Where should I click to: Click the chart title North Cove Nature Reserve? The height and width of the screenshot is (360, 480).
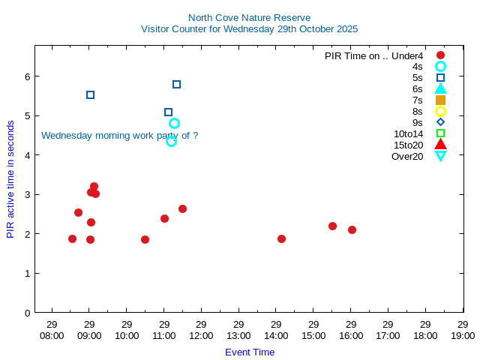pyautogui.click(x=249, y=17)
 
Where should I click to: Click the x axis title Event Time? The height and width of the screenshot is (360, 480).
pyautogui.click(x=249, y=352)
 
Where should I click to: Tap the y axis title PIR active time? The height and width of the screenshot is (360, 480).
pyautogui.click(x=10, y=178)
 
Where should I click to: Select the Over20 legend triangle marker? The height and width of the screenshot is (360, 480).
pyautogui.click(x=440, y=156)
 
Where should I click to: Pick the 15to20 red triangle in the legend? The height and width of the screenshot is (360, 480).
pyautogui.click(x=440, y=145)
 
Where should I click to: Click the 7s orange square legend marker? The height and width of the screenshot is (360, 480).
pyautogui.click(x=440, y=100)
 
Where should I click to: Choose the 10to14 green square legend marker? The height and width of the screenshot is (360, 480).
pyautogui.click(x=440, y=133)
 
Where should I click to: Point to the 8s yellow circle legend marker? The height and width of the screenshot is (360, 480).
pyautogui.click(x=440, y=111)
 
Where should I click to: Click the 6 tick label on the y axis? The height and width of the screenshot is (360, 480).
pyautogui.click(x=26, y=76)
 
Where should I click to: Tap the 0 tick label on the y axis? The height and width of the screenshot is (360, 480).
pyautogui.click(x=26, y=313)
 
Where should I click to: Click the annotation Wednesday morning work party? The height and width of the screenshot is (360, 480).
pyautogui.click(x=119, y=136)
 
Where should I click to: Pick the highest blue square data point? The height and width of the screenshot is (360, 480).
pyautogui.click(x=176, y=84)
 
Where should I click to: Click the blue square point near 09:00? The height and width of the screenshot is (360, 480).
pyautogui.click(x=90, y=94)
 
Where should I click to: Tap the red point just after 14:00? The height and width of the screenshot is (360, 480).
pyautogui.click(x=281, y=238)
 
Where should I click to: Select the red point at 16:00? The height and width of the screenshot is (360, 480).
pyautogui.click(x=352, y=229)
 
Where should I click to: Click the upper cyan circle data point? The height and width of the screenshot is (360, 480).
pyautogui.click(x=174, y=123)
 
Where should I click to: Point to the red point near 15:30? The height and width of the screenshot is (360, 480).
pyautogui.click(x=332, y=226)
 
